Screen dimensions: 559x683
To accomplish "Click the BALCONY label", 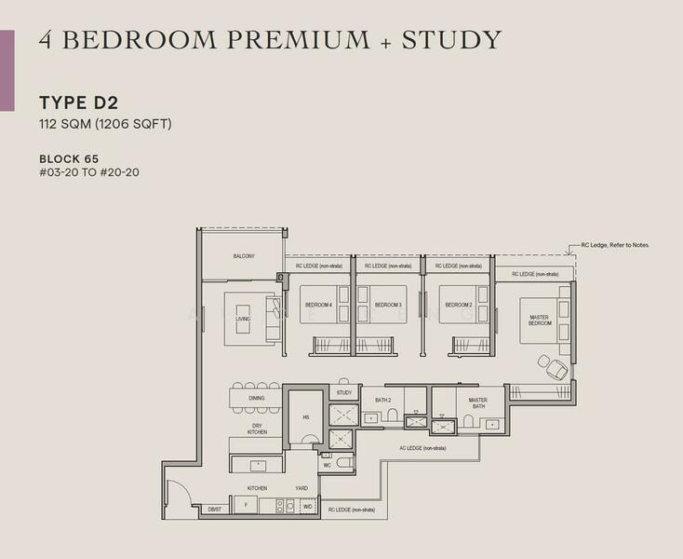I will pos(243,256).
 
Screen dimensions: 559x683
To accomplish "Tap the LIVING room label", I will pos(243,320).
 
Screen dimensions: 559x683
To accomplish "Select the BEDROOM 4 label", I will pos(318,305).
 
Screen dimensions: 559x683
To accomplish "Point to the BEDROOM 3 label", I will pos(387,305).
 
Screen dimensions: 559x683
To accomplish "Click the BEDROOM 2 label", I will pos(458,305).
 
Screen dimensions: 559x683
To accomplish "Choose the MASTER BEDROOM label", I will pos(540,320).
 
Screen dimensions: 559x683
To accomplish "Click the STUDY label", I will pos(344,393).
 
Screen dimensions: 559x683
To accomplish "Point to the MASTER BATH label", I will pos(478,402).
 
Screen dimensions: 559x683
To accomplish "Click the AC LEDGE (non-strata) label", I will pos(422,448).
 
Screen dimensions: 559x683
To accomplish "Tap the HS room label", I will pos(304,417).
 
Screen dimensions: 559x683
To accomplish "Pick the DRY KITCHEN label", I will pos(257,428).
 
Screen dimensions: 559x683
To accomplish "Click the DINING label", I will pos(257,398).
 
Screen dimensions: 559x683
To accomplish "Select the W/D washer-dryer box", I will pos(308,507).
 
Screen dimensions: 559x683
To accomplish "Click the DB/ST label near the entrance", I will pos(214,509).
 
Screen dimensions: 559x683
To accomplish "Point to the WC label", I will pos(327,464).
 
